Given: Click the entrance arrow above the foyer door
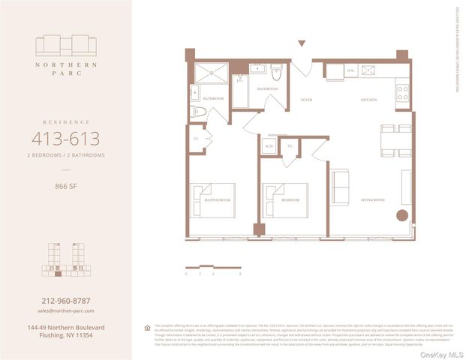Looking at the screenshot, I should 302,44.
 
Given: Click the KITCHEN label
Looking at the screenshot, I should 368,99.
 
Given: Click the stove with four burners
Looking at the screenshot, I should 403,92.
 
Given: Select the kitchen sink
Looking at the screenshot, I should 369,71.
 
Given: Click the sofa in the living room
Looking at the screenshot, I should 340,187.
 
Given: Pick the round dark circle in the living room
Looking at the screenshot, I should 401,216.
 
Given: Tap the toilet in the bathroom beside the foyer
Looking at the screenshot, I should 276,72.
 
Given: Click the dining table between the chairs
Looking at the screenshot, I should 389,139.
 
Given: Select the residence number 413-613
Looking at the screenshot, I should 65,138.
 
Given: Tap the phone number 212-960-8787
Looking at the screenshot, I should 65,301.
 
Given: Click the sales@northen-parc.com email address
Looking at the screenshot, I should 65,310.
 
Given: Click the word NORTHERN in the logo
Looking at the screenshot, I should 65,64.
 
